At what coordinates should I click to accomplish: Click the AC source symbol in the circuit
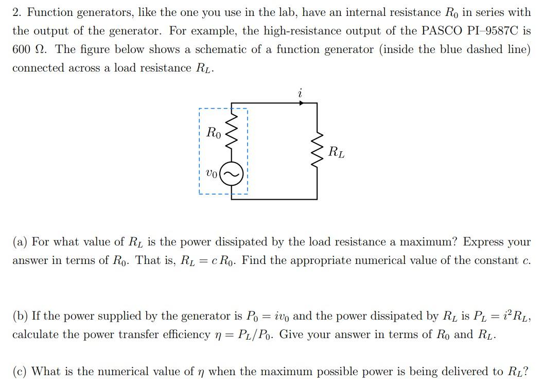point(232,175)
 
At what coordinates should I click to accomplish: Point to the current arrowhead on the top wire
point(302,103)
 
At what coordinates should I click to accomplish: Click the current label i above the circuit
point(300,93)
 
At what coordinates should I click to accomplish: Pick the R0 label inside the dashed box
point(214,133)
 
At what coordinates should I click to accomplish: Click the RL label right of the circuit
point(337,152)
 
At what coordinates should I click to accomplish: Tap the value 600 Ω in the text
point(30,49)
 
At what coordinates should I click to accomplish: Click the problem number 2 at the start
point(16,12)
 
